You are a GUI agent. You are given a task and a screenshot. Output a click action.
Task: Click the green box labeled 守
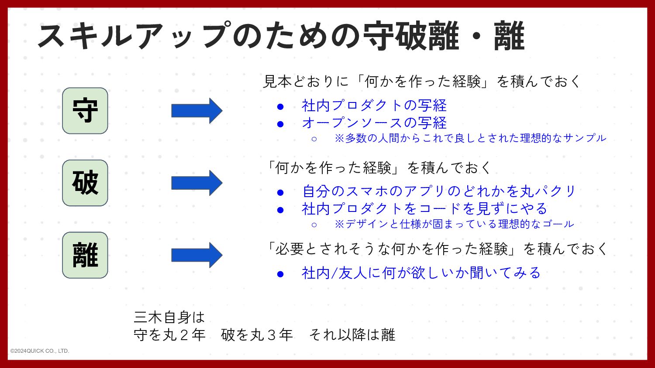coord(85,111)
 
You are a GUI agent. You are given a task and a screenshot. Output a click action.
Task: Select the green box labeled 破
coord(85,183)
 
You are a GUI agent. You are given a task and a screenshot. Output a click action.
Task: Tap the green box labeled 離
coord(85,255)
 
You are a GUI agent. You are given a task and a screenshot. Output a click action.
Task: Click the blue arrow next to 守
coord(196,111)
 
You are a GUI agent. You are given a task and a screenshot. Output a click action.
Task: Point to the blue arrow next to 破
coord(196,183)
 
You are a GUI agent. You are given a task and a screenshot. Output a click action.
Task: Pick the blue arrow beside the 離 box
coord(196,255)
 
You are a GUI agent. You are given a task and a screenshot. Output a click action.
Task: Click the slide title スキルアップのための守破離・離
coord(281,36)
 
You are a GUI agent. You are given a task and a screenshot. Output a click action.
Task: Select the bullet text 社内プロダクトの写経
coord(374,106)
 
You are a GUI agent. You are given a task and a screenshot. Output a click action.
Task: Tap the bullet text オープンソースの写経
coord(374,123)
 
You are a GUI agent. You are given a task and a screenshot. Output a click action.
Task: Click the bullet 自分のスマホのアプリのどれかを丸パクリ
coord(439,191)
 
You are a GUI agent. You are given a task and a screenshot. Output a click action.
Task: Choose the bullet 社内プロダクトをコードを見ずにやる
coord(424,209)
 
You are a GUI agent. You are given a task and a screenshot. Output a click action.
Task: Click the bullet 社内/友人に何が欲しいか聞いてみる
coord(421,273)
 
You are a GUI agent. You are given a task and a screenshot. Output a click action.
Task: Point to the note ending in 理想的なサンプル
coord(470,138)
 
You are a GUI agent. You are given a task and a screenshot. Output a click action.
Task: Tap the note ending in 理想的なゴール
coord(454,224)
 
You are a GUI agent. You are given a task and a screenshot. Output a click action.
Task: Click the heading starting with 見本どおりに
coord(422,82)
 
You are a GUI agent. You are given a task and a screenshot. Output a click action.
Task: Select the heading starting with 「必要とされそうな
coord(437,249)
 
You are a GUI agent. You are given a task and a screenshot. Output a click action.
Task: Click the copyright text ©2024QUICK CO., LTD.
coord(40,351)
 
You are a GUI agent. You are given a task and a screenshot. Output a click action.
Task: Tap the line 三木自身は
coord(169,317)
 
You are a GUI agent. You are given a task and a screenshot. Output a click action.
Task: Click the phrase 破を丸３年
coord(257,335)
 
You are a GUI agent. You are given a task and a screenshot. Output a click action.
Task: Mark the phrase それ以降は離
coord(352,335)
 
